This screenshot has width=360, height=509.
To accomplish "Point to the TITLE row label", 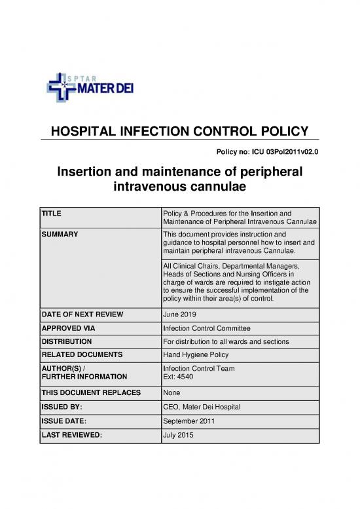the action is tap(51, 214).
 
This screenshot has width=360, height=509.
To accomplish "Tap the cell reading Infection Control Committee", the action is tap(207, 328).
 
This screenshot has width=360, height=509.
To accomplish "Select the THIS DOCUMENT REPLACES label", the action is tap(86, 393).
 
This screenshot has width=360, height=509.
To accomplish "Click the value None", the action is tap(172, 393).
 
